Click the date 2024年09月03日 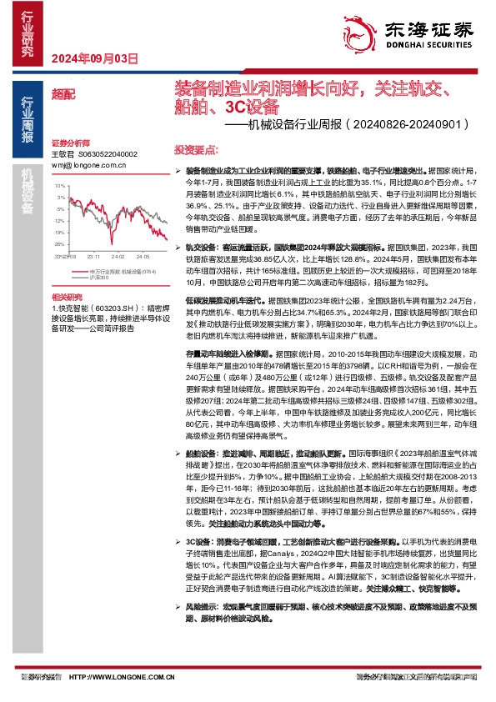pyautogui.click(x=93, y=58)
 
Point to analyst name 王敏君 pyautogui.click(x=63, y=154)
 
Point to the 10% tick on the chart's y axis pyautogui.click(x=61, y=186)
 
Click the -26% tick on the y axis pyautogui.click(x=59, y=245)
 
